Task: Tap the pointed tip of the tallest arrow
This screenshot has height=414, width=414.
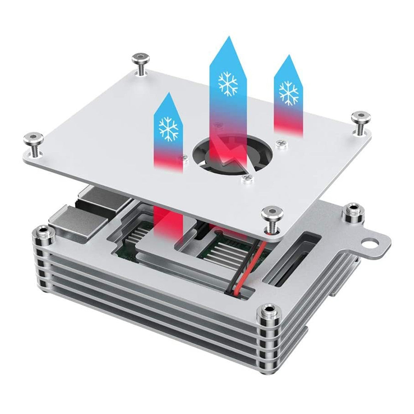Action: [228, 38]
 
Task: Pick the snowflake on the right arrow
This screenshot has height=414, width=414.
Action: [289, 92]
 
